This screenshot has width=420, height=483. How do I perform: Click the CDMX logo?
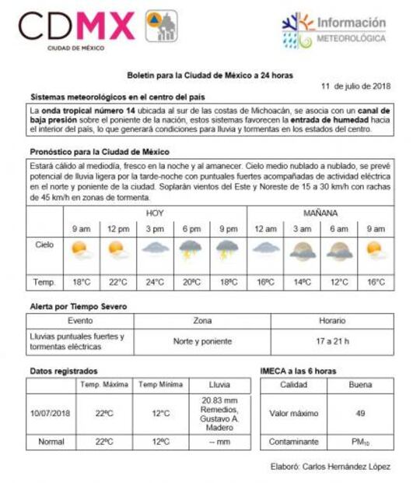(x=97, y=28)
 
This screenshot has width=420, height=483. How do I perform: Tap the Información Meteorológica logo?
(x=334, y=31)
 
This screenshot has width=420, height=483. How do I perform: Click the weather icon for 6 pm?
(x=191, y=250)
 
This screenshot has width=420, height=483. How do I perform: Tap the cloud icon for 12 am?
(x=264, y=250)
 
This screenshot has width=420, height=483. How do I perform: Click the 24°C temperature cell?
(x=154, y=281)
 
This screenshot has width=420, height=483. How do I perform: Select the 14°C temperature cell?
(x=302, y=281)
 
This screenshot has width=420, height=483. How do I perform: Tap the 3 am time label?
(x=302, y=229)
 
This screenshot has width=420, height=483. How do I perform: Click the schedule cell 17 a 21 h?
(x=332, y=341)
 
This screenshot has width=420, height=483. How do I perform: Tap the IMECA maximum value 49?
(x=360, y=413)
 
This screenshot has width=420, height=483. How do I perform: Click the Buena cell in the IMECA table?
(x=360, y=385)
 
